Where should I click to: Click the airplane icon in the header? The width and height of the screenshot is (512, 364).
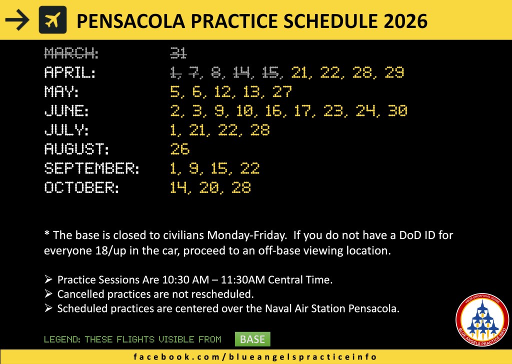pyautogui.click(x=52, y=20)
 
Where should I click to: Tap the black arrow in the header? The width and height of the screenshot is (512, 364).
pyautogui.click(x=17, y=20)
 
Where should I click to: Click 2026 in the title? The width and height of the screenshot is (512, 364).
pyautogui.click(x=405, y=21)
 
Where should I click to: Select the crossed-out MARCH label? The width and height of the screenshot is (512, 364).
pyautogui.click(x=71, y=53)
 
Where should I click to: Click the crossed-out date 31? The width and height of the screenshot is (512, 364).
pyautogui.click(x=178, y=53)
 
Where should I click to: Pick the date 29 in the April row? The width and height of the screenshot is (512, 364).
pyautogui.click(x=394, y=72)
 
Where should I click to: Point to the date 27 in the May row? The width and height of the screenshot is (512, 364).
pyautogui.click(x=282, y=91)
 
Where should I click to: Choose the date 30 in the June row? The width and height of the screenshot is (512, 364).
pyautogui.click(x=397, y=110)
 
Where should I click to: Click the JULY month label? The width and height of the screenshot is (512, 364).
pyautogui.click(x=66, y=130)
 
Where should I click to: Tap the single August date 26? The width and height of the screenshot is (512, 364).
pyautogui.click(x=180, y=149)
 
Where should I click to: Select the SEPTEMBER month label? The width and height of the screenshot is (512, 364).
pyautogui.click(x=92, y=168)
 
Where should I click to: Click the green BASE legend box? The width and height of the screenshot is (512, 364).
pyautogui.click(x=252, y=339)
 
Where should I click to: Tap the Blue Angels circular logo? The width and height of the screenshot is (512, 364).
pyautogui.click(x=482, y=319)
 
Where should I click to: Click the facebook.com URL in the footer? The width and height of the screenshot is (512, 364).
pyautogui.click(x=255, y=357)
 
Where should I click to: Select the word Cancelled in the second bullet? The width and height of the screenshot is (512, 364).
pyautogui.click(x=81, y=294)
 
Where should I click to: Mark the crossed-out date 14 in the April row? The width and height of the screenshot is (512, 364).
pyautogui.click(x=241, y=72)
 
